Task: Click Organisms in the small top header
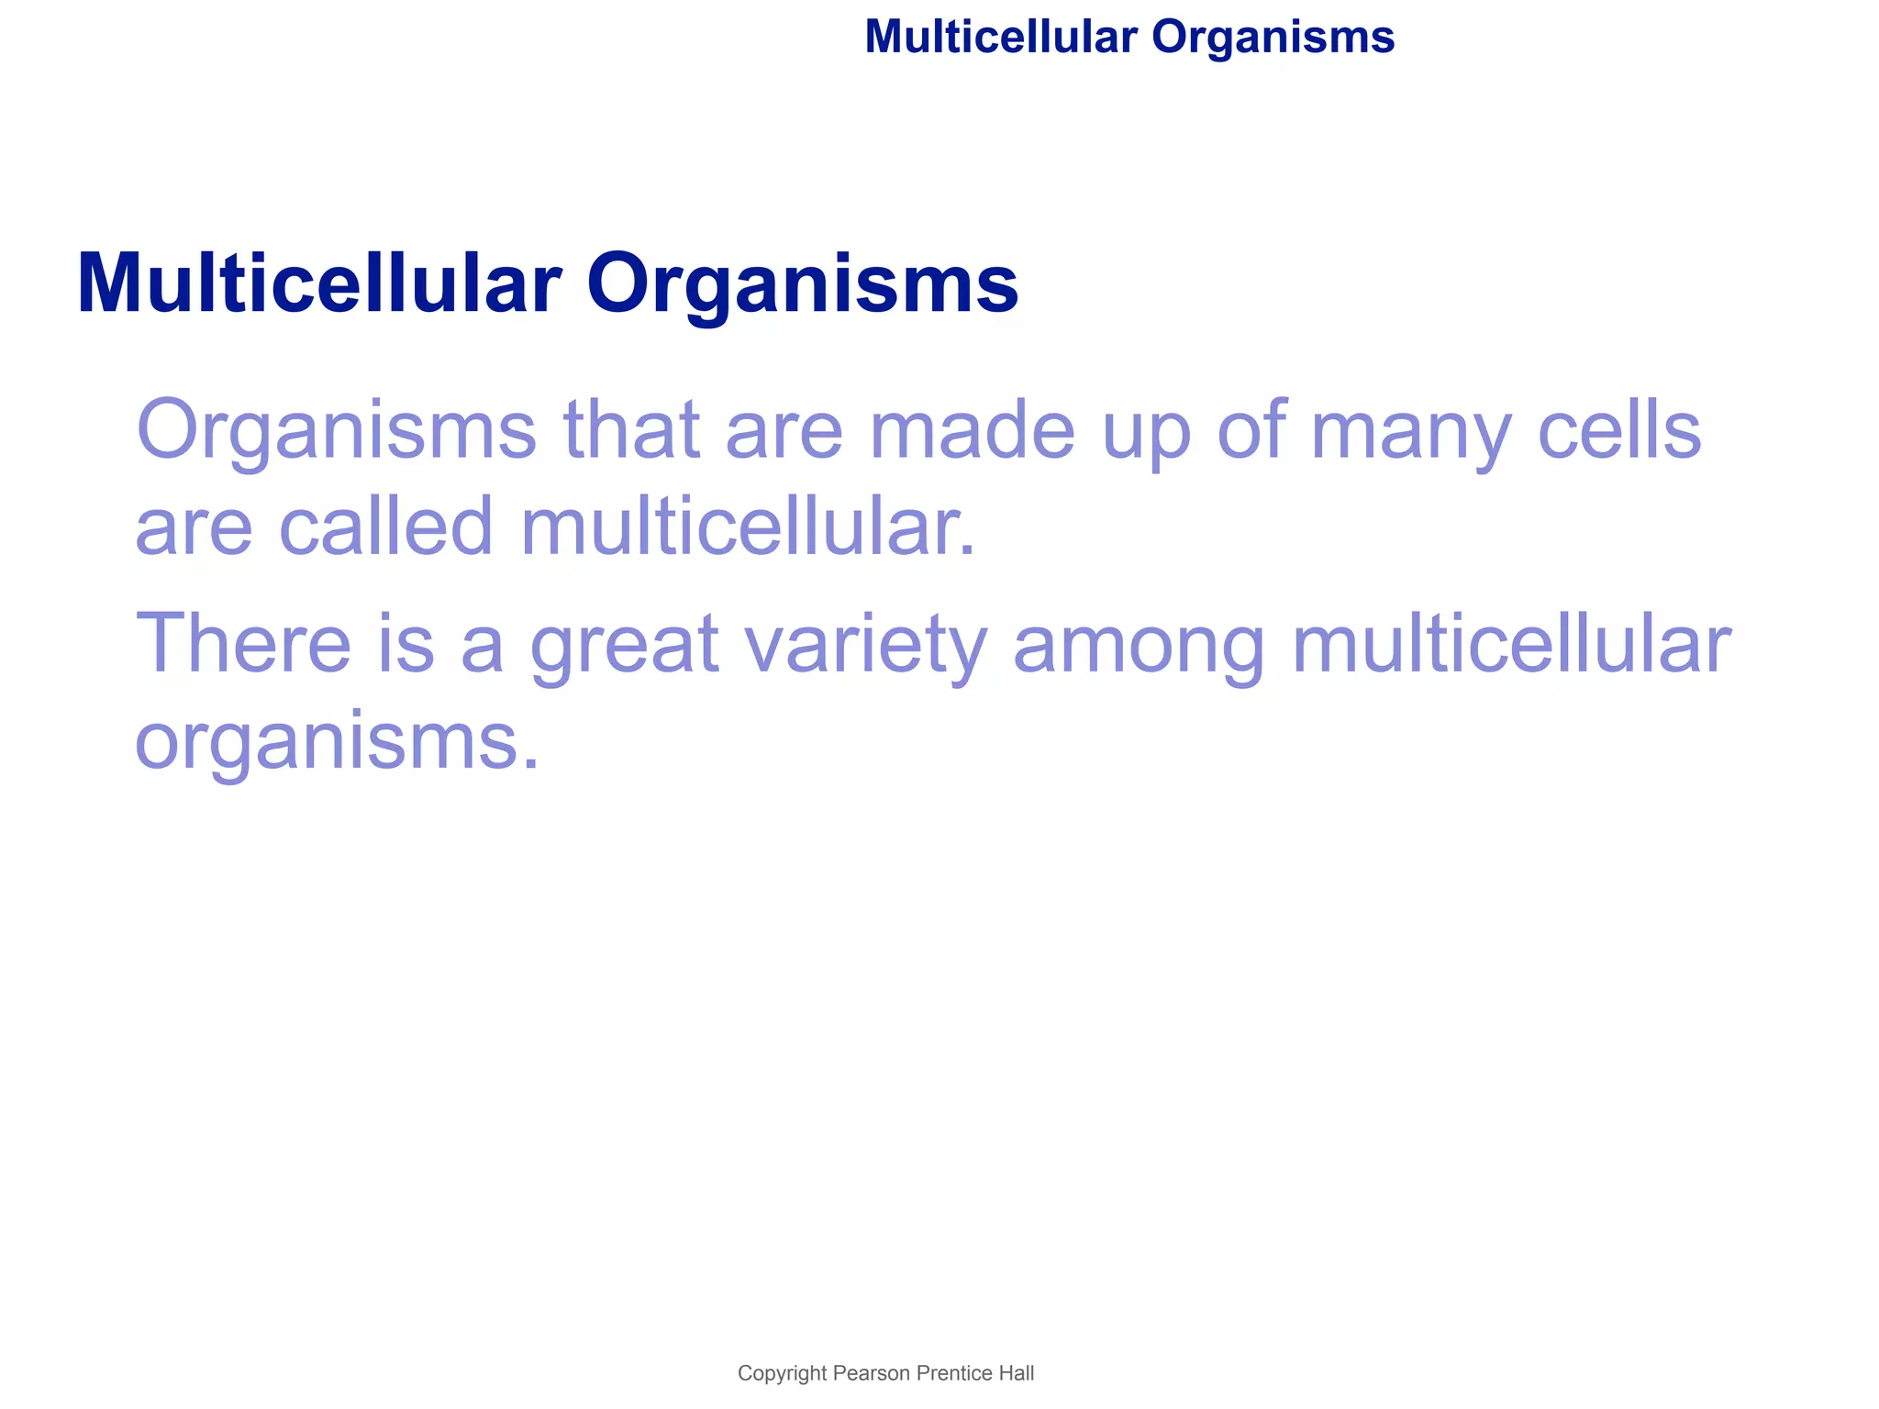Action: point(1273,38)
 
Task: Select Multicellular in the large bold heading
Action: point(318,283)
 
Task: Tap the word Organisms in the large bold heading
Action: point(802,283)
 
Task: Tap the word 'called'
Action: point(385,527)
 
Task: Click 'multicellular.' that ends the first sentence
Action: point(748,527)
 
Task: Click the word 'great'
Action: point(625,645)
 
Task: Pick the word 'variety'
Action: point(865,645)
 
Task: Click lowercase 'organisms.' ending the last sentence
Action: point(338,742)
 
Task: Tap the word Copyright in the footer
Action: point(783,1373)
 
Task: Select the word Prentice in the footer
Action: point(954,1373)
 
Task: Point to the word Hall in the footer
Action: point(1017,1373)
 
